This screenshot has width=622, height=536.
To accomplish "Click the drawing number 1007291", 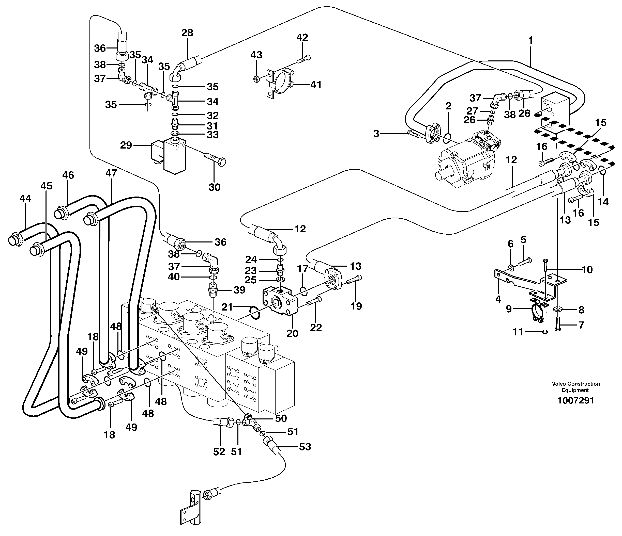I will (x=575, y=400).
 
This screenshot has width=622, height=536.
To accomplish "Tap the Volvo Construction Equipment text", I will (x=575, y=387).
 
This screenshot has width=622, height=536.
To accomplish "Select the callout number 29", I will (x=126, y=145).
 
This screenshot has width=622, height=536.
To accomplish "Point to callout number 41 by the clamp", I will (x=315, y=85).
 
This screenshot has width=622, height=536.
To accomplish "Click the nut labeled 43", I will (x=257, y=79).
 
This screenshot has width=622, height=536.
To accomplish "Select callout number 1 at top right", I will (x=530, y=40).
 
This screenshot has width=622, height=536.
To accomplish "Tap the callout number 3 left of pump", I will (x=376, y=134).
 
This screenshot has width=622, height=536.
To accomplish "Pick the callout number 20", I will (x=292, y=333).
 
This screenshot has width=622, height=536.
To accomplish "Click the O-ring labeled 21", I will (x=254, y=313).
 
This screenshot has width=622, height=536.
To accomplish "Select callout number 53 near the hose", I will (x=305, y=447).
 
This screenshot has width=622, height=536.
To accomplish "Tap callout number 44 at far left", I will (x=25, y=198).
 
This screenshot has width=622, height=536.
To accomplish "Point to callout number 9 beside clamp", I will (x=509, y=309).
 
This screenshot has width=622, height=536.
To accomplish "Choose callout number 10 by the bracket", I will (x=587, y=270).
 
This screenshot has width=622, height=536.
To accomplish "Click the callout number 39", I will (x=239, y=290).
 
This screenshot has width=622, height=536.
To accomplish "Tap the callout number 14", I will (x=603, y=202).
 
